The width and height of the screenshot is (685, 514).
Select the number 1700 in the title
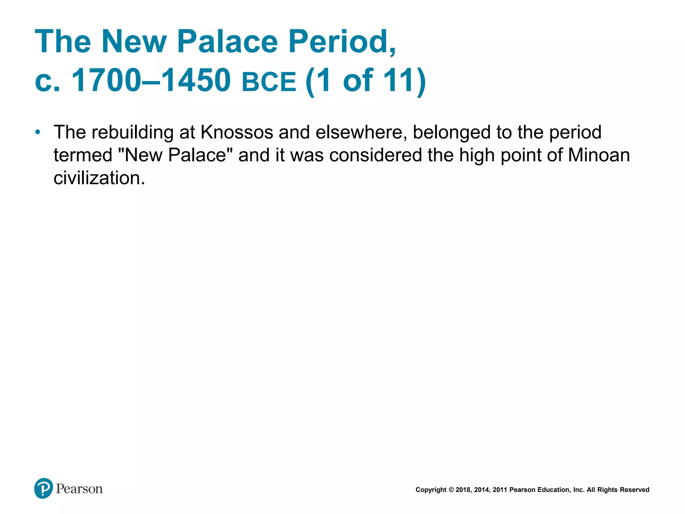pyautogui.click(x=106, y=80)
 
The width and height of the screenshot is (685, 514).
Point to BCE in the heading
pyautogui.click(x=269, y=82)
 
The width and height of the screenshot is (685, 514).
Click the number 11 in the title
pyautogui.click(x=398, y=80)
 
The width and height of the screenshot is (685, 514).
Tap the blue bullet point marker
pyautogui.click(x=38, y=132)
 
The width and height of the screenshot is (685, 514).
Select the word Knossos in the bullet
pyautogui.click(x=237, y=132)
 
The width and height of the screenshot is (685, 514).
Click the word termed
pyautogui.click(x=83, y=155)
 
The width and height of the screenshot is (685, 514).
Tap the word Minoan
pyautogui.click(x=599, y=155)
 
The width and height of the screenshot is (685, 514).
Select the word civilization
pyautogui.click(x=99, y=178)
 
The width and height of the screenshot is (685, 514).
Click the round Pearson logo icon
pyautogui.click(x=43, y=488)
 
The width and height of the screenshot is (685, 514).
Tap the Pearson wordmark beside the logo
pyautogui.click(x=79, y=489)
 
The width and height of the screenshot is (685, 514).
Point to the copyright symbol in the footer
pyautogui.click(x=451, y=490)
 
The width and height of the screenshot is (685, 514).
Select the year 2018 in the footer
pyautogui.click(x=463, y=490)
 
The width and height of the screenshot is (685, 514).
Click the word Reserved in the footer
pyautogui.click(x=635, y=490)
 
